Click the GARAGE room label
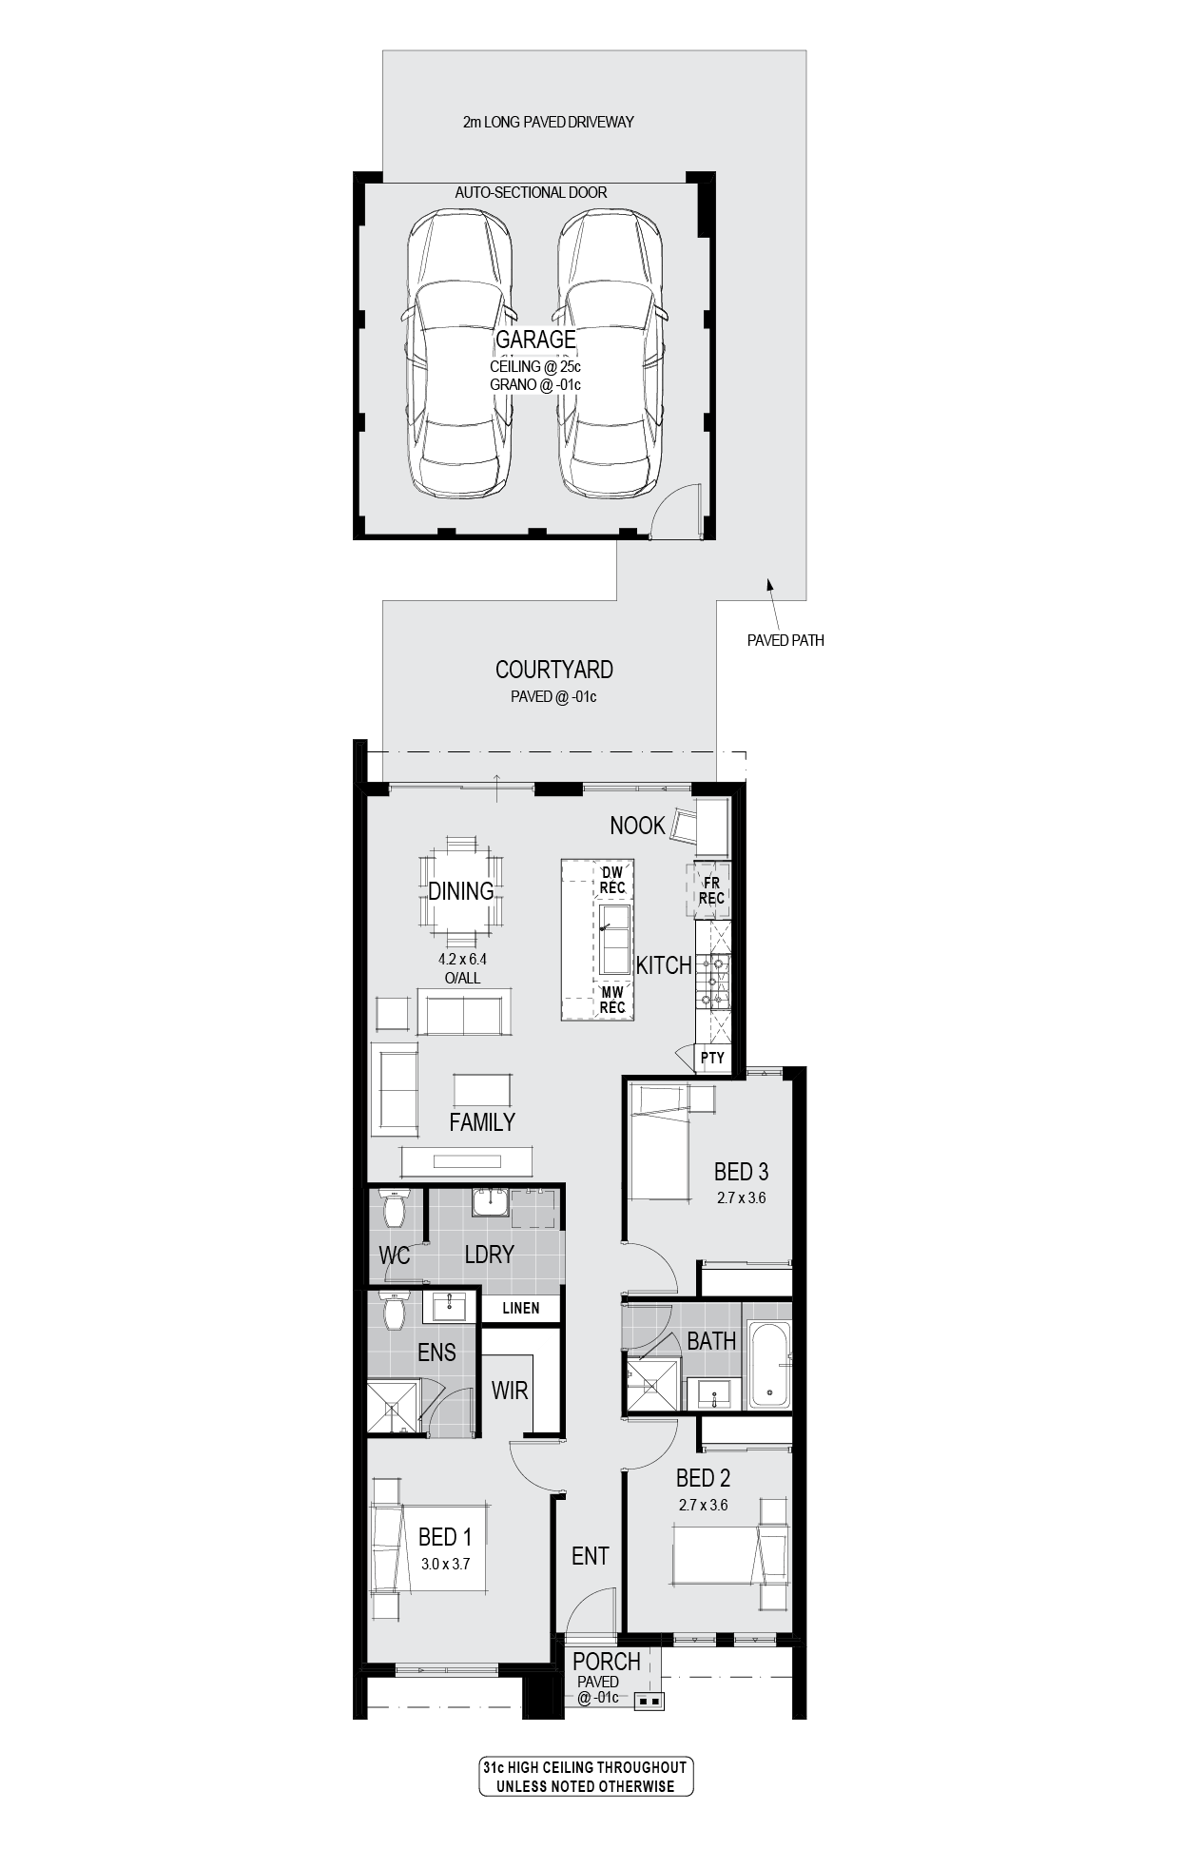(x=535, y=339)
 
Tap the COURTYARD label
(x=554, y=670)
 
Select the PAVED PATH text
(x=785, y=640)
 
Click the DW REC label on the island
(x=612, y=880)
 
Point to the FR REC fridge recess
(x=711, y=890)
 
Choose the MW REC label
(x=612, y=1000)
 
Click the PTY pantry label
(x=712, y=1058)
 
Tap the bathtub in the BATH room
(x=768, y=1366)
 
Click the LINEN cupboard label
(x=521, y=1308)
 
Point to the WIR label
(x=510, y=1391)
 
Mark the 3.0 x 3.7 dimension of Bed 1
(x=446, y=1563)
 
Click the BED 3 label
(x=742, y=1172)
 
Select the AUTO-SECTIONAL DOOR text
(x=531, y=192)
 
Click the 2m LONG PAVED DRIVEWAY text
(x=549, y=122)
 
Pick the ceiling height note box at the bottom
(x=586, y=1777)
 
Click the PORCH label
(x=607, y=1662)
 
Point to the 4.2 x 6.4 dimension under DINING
(x=462, y=960)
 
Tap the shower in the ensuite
(x=395, y=1407)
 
